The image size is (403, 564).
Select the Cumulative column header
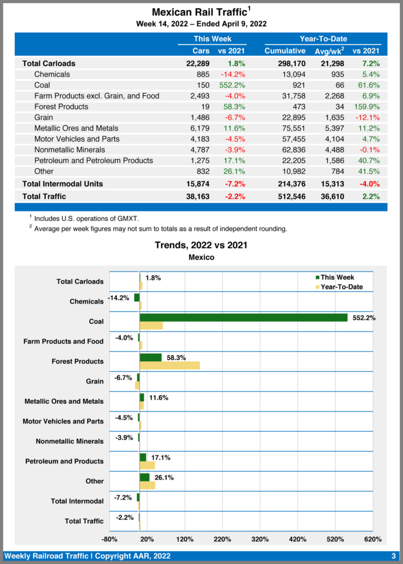pyautogui.click(x=284, y=51)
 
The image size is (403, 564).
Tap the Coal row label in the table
pyautogui.click(x=42, y=85)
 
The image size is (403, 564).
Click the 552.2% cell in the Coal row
pyautogui.click(x=233, y=85)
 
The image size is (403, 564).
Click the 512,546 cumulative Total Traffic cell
pyautogui.click(x=284, y=196)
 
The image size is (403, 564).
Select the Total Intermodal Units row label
pyautogui.click(x=62, y=183)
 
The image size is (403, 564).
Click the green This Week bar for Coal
pyautogui.click(x=243, y=317)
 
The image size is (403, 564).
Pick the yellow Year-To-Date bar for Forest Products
pyautogui.click(x=169, y=365)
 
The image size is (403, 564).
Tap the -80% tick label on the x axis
pyautogui.click(x=110, y=538)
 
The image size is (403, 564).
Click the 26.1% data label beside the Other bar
pyautogui.click(x=164, y=478)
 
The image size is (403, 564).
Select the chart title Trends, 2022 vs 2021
pyautogui.click(x=201, y=245)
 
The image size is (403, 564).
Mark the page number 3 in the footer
pyautogui.click(x=393, y=555)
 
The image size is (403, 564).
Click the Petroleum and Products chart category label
pyautogui.click(x=65, y=461)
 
